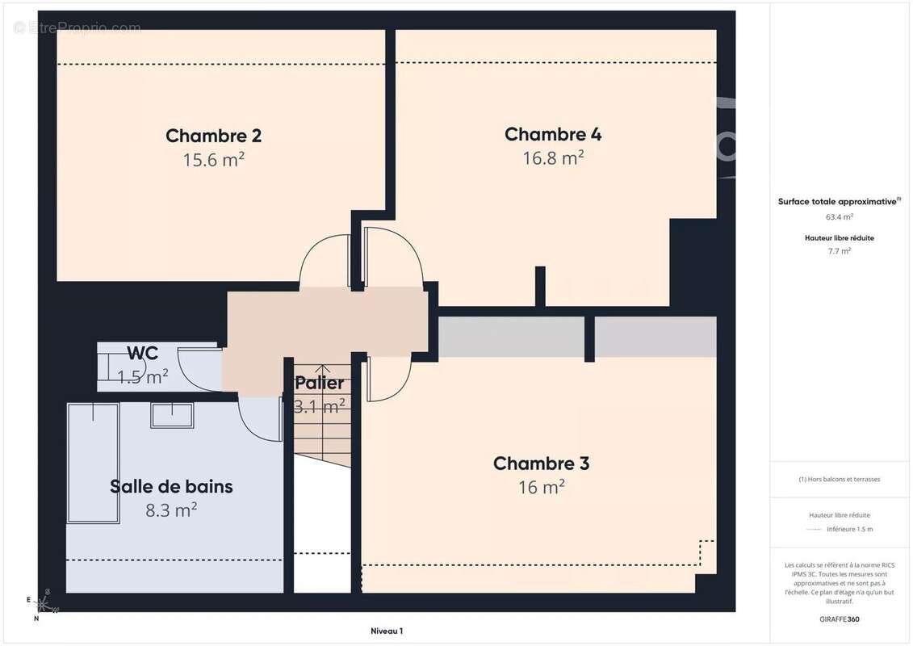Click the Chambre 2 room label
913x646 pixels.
213,136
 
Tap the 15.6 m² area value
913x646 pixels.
213,160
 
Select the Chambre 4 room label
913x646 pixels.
553,134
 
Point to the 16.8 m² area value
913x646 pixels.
553,158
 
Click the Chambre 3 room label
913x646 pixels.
541,464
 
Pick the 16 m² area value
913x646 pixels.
541,488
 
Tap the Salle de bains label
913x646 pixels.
171,486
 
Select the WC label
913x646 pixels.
142,353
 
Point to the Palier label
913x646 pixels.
319,383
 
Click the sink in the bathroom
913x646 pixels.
172,415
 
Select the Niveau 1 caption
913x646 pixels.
386,631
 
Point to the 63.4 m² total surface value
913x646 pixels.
839,216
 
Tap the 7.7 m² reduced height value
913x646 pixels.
839,251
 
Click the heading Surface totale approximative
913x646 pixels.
837,202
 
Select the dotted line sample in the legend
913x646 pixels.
814,530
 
